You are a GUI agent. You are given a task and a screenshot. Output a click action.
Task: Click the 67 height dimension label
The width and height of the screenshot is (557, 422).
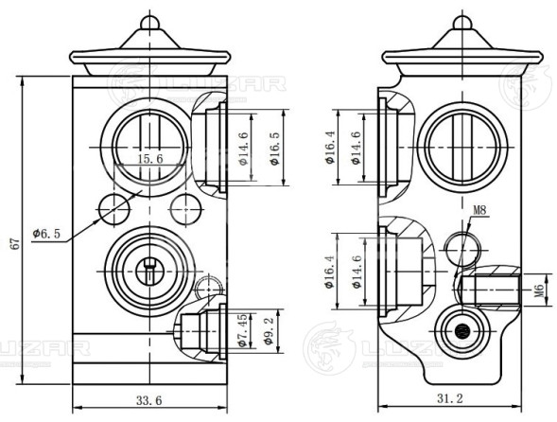16,244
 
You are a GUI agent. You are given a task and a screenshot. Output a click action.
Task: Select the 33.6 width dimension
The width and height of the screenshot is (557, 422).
148,400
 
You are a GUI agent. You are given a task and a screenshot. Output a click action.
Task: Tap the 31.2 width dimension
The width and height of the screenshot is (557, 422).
450,398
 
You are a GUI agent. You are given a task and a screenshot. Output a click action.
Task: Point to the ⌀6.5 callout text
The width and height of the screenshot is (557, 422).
46,234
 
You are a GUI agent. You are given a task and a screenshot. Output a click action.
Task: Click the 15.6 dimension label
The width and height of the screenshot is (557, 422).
150,159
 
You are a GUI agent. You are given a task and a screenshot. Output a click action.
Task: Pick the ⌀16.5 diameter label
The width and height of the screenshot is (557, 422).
274,149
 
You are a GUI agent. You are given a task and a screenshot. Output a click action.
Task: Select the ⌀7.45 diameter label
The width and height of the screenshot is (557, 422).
242,330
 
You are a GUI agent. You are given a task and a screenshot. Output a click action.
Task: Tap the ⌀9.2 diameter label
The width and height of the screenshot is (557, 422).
269,330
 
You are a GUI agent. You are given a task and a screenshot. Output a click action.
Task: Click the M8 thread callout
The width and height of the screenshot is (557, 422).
479,210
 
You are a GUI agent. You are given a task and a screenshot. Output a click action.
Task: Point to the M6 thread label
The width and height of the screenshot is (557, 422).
538,290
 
